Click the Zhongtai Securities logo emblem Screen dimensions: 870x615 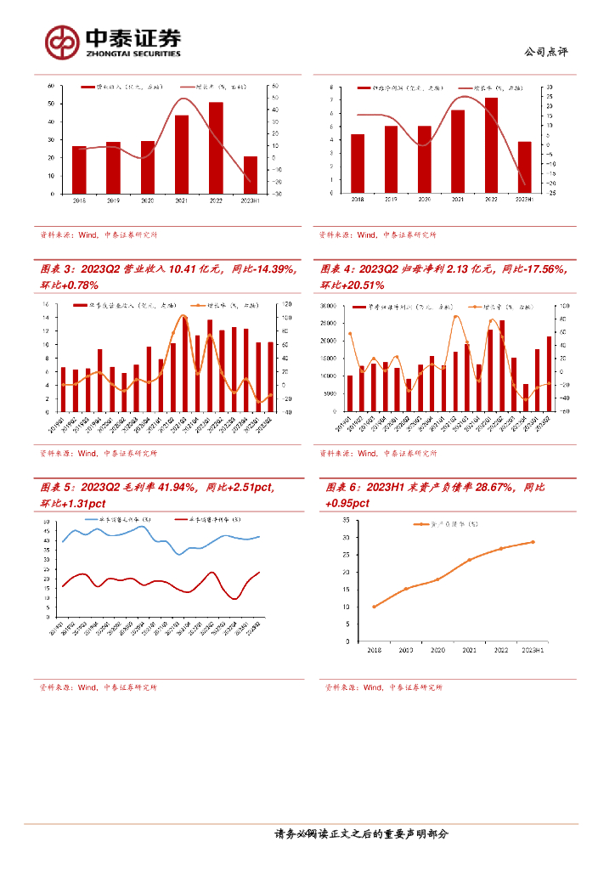62,41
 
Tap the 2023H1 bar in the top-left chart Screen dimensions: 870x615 250,175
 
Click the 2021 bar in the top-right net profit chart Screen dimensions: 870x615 458,151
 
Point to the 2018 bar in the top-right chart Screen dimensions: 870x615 358,163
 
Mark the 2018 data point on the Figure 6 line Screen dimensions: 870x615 374,607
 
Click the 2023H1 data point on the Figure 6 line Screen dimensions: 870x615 533,542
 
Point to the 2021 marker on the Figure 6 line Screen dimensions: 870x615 470,560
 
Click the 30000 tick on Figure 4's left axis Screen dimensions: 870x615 330,304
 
